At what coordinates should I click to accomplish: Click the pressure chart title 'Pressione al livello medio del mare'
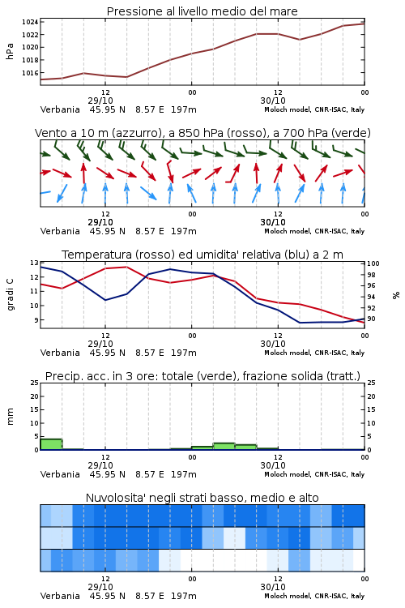202,11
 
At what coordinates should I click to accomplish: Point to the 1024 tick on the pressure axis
30,22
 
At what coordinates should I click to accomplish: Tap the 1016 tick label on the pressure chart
30,73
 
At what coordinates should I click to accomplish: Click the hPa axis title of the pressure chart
10,51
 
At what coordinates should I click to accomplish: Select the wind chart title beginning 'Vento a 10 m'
202,133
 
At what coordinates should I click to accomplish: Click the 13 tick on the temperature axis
34,263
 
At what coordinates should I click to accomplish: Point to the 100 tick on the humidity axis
373,263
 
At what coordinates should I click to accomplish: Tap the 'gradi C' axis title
10,294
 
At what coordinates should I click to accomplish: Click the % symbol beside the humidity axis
396,295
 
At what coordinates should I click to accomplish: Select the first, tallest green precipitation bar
51,444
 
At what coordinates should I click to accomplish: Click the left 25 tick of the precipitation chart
34,383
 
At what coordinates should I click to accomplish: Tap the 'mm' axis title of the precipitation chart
10,417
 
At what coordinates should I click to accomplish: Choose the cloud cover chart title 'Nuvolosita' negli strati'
202,498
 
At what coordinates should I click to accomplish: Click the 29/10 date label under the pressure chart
100,101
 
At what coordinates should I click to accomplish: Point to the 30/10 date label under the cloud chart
273,587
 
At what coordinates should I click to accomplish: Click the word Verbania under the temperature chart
60,353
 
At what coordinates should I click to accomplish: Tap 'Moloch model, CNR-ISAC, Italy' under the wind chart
314,232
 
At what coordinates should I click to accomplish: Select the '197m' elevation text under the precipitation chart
184,474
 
